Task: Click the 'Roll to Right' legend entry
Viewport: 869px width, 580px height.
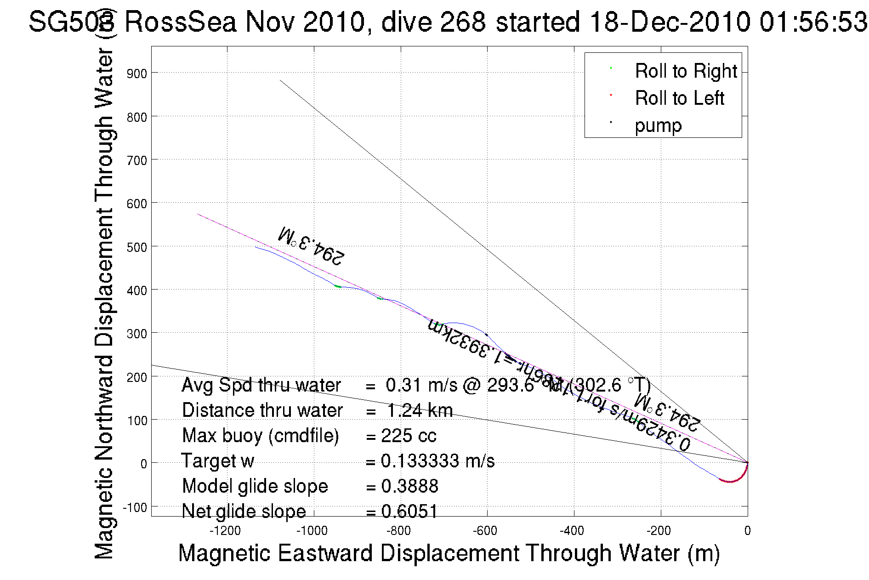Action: pyautogui.click(x=685, y=71)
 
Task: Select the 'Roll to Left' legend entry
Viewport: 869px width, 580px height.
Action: pyautogui.click(x=679, y=98)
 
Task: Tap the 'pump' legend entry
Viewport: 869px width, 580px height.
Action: pyautogui.click(x=658, y=125)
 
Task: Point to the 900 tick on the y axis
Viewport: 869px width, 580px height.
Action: pyautogui.click(x=136, y=74)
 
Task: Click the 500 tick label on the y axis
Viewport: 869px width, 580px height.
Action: pyautogui.click(x=136, y=247)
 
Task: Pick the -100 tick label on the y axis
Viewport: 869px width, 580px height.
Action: pyautogui.click(x=135, y=507)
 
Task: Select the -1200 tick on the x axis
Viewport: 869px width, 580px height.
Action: pyautogui.click(x=225, y=531)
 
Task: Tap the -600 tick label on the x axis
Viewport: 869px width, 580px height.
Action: pyautogui.click(x=486, y=531)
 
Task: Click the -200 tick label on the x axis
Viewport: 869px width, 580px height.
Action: pyautogui.click(x=659, y=531)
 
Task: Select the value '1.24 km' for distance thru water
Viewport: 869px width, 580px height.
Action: pyautogui.click(x=420, y=410)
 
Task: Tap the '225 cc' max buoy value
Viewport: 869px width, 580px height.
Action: pyautogui.click(x=409, y=436)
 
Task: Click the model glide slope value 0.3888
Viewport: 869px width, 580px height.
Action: pyautogui.click(x=409, y=486)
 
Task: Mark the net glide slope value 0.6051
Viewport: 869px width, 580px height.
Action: pyautogui.click(x=409, y=511)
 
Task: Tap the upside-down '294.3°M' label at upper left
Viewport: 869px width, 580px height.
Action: pyautogui.click(x=311, y=246)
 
